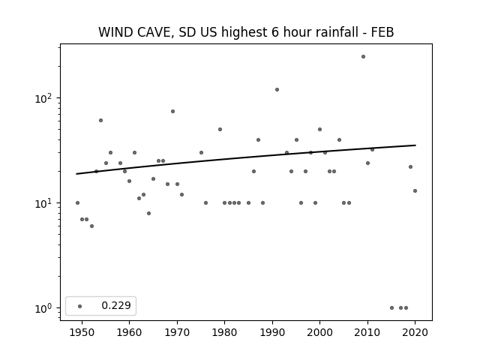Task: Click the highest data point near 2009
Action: point(363,57)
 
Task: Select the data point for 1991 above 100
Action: point(277,90)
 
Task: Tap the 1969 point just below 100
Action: point(172,112)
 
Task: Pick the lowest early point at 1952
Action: point(91,226)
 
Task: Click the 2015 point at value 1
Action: point(391,308)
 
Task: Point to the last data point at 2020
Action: point(415,191)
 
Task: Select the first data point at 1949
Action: point(77,203)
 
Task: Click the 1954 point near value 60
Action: point(100,121)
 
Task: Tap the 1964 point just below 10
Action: point(148,213)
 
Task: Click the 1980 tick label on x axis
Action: point(224,332)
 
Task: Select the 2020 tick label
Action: point(415,332)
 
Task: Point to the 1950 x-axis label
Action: point(82,332)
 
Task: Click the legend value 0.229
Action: point(116,305)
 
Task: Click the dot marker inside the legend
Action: point(80,307)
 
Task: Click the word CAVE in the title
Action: point(155,32)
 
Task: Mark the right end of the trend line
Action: point(415,145)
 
